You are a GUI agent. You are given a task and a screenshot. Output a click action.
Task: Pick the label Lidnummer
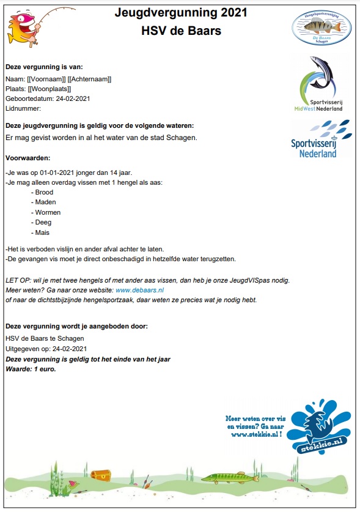click(23, 108)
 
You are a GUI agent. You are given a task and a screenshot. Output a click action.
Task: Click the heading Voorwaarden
click(28, 157)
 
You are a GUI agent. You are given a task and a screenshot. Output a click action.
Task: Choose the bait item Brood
click(45, 192)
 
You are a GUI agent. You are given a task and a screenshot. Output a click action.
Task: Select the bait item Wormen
click(48, 212)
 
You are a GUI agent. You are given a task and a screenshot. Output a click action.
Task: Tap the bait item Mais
click(43, 232)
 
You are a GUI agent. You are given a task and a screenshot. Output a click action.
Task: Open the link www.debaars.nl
click(139, 290)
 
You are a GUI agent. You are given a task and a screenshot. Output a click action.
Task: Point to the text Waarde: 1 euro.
click(30, 369)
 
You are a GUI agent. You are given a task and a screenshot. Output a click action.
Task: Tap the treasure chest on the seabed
click(100, 475)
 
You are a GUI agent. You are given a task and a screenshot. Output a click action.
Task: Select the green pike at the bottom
click(226, 477)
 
